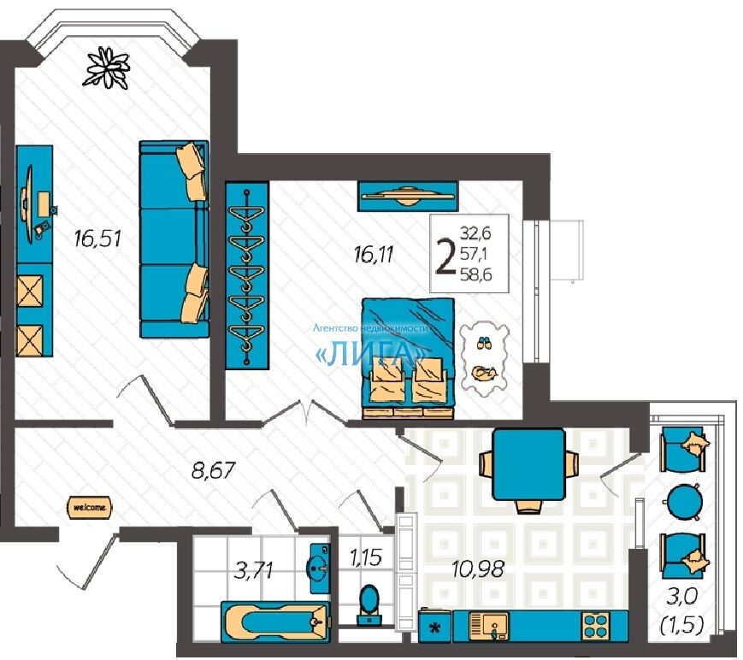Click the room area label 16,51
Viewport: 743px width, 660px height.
(97, 238)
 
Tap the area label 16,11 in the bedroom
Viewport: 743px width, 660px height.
(374, 255)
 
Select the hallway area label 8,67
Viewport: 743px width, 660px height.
(213, 470)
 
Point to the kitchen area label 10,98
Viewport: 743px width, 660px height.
(477, 568)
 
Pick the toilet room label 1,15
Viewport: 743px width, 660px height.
(366, 557)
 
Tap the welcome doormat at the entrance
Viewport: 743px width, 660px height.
(90, 507)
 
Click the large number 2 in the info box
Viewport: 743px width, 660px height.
(445, 257)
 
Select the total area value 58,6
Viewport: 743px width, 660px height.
(475, 274)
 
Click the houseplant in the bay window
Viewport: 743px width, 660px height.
(106, 68)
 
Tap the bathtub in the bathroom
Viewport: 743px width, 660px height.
(275, 621)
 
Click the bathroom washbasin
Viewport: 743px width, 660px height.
(320, 568)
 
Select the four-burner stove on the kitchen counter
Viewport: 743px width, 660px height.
(596, 626)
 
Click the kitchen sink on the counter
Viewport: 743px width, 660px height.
(488, 627)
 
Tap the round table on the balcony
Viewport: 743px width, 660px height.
(684, 501)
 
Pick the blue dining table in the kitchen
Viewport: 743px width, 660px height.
(528, 463)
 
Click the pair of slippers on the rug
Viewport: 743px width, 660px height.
(483, 343)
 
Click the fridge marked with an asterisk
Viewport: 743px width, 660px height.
(434, 626)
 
